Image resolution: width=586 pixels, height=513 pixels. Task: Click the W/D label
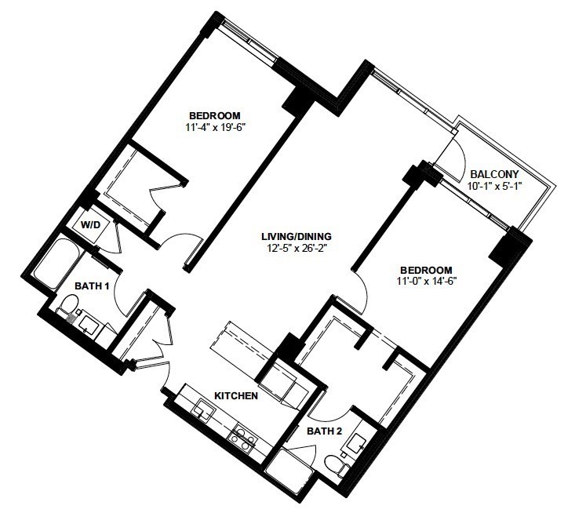tap(91, 225)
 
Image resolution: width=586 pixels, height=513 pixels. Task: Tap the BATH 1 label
tap(92, 286)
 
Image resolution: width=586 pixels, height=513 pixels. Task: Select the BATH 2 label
tap(325, 431)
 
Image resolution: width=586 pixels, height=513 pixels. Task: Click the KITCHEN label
tap(236, 395)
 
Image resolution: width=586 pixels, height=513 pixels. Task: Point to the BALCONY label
tap(494, 174)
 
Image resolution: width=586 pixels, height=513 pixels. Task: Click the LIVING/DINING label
tap(296, 236)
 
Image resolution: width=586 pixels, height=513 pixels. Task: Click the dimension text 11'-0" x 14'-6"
tap(427, 281)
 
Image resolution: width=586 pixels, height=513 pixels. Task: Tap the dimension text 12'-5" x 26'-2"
tap(296, 248)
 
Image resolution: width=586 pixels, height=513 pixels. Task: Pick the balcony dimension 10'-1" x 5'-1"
tap(494, 186)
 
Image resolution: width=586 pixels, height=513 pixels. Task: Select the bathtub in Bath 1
tap(56, 264)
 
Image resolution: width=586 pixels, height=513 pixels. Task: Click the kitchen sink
tap(203, 409)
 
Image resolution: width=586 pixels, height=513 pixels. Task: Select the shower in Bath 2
tap(289, 466)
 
